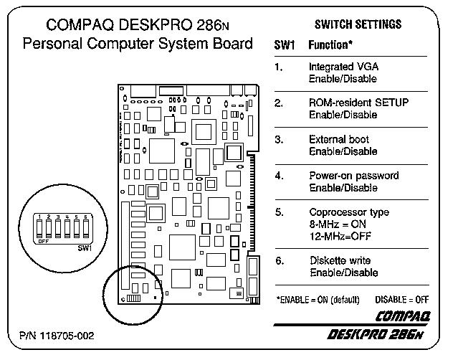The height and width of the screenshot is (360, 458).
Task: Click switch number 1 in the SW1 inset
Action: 41,228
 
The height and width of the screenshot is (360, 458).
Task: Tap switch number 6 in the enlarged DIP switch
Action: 86,228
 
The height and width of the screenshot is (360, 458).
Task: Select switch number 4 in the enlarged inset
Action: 67,228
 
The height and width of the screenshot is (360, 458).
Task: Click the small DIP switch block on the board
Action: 133,298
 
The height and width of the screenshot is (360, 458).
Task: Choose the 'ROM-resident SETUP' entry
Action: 358,103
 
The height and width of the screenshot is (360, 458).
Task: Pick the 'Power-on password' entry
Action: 353,176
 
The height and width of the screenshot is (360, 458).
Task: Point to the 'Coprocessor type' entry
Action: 348,212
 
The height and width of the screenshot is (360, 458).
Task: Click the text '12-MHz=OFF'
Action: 335,237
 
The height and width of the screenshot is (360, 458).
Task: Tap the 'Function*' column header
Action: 330,45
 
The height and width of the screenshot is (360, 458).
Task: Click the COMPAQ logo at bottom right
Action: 404,316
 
